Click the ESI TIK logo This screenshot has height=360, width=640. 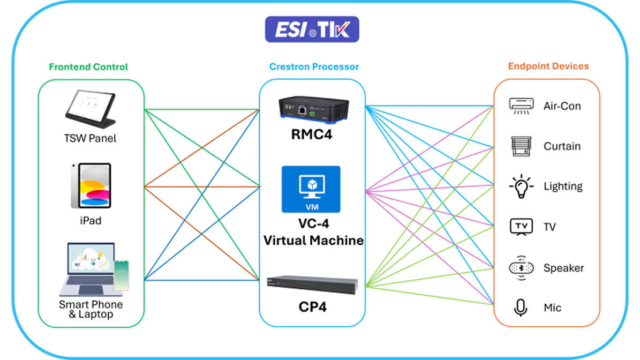312,30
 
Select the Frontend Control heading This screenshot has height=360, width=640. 88,67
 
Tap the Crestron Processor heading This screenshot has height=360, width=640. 314,67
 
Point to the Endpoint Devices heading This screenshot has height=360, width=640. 548,66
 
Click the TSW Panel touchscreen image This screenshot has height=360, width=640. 90,107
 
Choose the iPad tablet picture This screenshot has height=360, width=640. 91,185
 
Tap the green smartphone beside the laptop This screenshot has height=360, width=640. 122,276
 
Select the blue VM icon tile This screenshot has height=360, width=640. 311,189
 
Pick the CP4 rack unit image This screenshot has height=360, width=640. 312,283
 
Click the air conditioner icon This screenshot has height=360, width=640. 521,106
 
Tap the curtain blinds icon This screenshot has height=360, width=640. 521,146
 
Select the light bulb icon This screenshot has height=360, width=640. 521,186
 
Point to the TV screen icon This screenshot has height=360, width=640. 521,227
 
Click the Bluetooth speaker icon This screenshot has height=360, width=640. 521,268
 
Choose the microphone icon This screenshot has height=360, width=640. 521,307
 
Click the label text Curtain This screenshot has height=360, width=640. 562,146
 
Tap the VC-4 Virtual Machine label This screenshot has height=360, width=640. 313,232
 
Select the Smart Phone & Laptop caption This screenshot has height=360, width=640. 91,309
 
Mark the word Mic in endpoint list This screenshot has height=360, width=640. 552,308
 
